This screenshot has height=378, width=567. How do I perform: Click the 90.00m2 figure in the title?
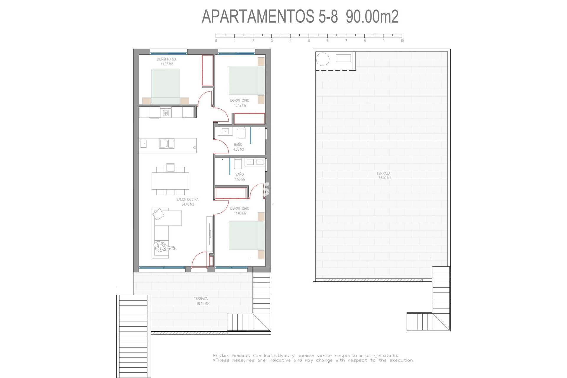[x=372, y=17]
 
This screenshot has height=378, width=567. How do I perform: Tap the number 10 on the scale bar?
[x=402, y=41]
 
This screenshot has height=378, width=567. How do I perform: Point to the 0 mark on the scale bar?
[x=216, y=41]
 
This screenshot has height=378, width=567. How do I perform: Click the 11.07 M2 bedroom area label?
[x=167, y=64]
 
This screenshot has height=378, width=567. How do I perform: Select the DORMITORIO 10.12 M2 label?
[x=240, y=103]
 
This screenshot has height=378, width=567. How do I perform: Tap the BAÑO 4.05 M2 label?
[x=238, y=147]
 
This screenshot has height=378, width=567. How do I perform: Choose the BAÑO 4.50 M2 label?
[x=240, y=177]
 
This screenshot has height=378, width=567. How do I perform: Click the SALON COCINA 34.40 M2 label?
[x=188, y=202]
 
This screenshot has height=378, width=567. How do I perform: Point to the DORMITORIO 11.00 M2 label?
[x=240, y=211]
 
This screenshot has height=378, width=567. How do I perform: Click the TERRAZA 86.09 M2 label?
[x=384, y=176]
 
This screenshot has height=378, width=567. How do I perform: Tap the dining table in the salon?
[x=170, y=181]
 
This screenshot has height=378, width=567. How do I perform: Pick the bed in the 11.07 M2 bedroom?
[x=165, y=86]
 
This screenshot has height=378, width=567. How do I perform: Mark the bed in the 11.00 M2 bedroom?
[x=247, y=235]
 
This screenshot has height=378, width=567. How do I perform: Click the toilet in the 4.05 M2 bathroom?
[x=242, y=133]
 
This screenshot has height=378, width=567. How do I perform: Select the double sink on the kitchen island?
[x=167, y=144]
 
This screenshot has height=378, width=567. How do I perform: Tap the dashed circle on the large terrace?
[x=322, y=59]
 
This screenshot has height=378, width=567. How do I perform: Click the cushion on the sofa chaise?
[x=158, y=214]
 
